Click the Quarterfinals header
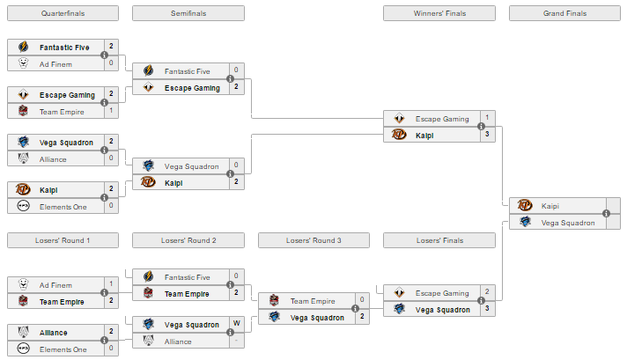pyautogui.click(x=63, y=13)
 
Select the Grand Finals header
pyautogui.click(x=564, y=13)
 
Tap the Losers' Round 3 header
pyautogui.click(x=313, y=240)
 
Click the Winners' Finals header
pyautogui.click(x=439, y=13)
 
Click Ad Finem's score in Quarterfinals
pyautogui.click(x=111, y=63)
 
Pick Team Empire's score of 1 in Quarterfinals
pyautogui.click(x=111, y=110)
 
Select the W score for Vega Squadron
pyautogui.click(x=237, y=323)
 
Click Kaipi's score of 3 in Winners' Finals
pyautogui.click(x=487, y=135)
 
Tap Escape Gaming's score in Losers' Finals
pyautogui.click(x=487, y=291)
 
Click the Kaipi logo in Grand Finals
pyautogui.click(x=525, y=205)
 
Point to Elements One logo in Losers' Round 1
pyautogui.click(x=23, y=349)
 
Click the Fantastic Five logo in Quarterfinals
pyautogui.click(x=23, y=47)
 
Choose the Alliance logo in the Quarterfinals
pyautogui.click(x=23, y=158)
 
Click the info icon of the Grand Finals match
pyautogui.click(x=606, y=213)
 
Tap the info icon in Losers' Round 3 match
pyautogui.click(x=355, y=308)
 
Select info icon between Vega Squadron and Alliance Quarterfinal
pyautogui.click(x=105, y=151)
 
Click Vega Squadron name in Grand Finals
pyautogui.click(x=568, y=223)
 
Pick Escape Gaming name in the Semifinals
pyautogui.click(x=192, y=88)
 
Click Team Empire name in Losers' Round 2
pyautogui.click(x=187, y=294)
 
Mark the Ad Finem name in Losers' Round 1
pyautogui.click(x=55, y=285)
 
